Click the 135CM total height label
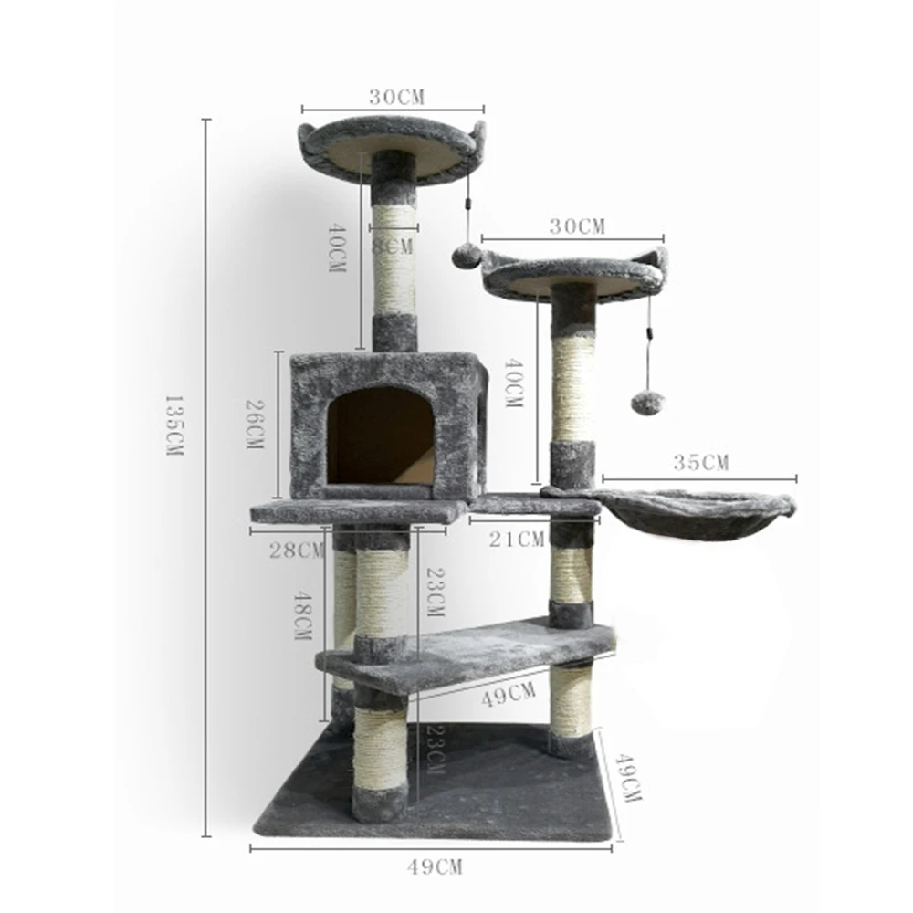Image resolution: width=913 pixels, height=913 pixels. point(173,425)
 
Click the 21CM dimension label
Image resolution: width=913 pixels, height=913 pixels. point(517,540)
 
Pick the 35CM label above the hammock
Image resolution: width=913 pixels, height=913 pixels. point(701,463)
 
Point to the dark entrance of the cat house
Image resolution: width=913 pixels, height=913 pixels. point(381,437)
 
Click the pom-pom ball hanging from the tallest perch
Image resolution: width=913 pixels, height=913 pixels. point(466,255)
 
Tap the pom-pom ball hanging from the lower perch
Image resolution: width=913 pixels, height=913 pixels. point(647,403)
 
